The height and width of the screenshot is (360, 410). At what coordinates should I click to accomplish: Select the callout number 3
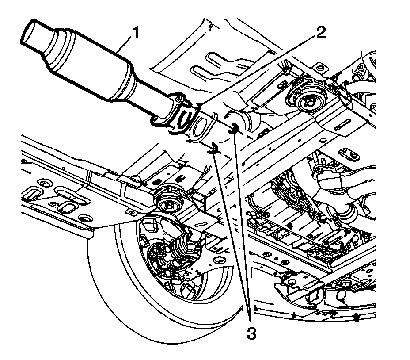coord(251,333)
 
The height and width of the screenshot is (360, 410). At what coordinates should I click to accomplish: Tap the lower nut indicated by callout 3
coord(213,149)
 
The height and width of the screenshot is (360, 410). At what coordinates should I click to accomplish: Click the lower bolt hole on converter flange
coord(157,119)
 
